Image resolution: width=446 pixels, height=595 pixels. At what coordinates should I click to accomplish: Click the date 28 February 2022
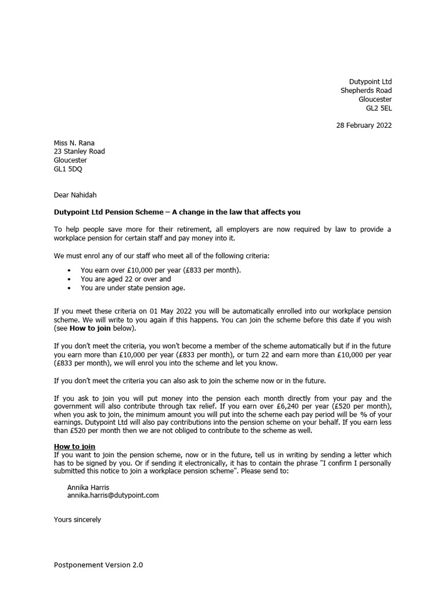tap(364, 126)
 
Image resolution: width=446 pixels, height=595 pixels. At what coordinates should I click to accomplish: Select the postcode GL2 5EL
tap(379, 108)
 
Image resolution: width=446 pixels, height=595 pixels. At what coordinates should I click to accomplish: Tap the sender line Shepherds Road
tap(366, 91)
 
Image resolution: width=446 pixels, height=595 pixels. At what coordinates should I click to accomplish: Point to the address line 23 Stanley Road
tap(80, 152)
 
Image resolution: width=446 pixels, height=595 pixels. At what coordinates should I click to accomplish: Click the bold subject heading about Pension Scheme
tap(177, 212)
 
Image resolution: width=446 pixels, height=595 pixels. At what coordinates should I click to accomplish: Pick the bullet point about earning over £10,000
tap(160, 270)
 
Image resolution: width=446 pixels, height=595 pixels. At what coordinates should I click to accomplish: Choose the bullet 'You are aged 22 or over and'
tap(125, 279)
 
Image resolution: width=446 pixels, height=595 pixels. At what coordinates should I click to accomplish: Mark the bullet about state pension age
tap(133, 288)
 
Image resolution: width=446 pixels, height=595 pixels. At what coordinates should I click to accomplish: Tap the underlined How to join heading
tap(74, 446)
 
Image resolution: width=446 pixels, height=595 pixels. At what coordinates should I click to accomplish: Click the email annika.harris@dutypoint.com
tap(113, 496)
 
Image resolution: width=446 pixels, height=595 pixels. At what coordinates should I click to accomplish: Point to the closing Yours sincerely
tap(77, 519)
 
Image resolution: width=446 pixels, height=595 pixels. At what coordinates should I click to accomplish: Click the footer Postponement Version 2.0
tap(98, 565)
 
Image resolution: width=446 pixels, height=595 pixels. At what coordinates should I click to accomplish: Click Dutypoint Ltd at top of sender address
tap(370, 82)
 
